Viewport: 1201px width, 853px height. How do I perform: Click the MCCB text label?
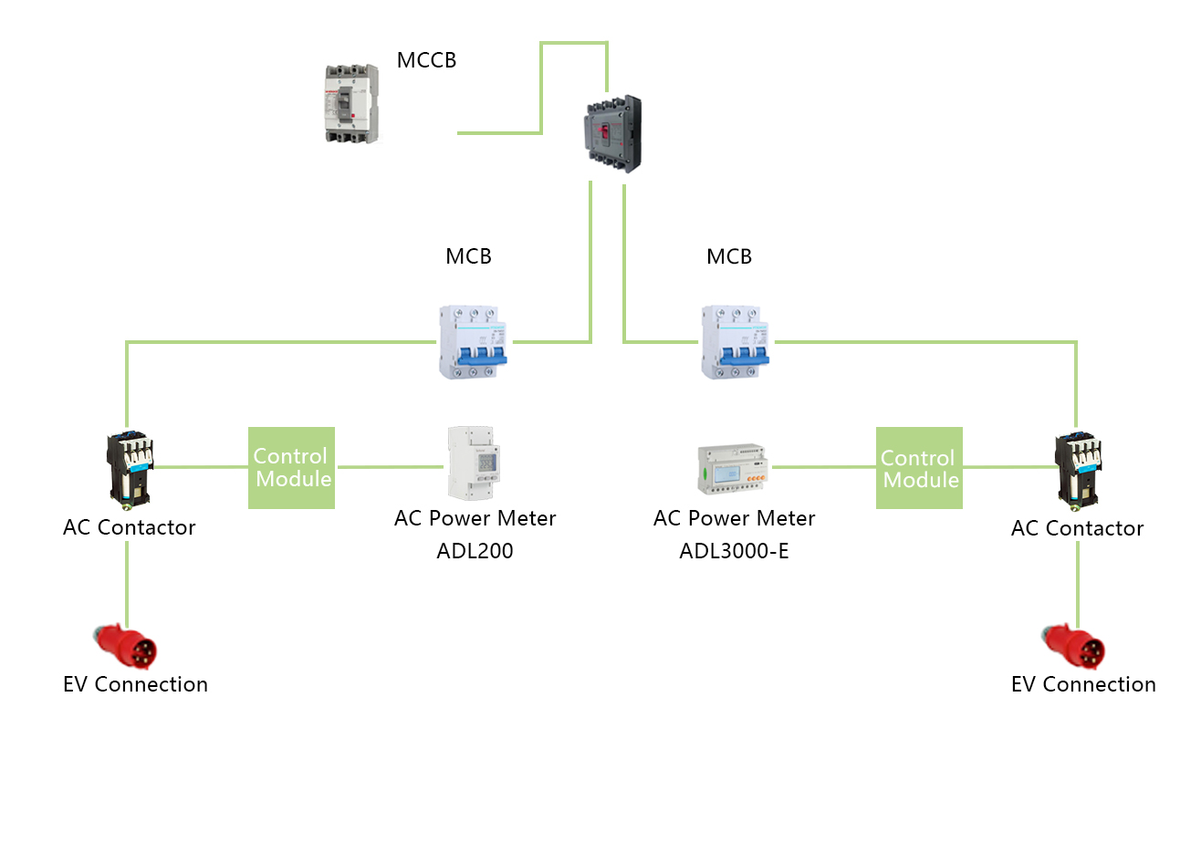[426, 60]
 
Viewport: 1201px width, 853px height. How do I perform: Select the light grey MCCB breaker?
[351, 103]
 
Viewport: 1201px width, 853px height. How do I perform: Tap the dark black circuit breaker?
[613, 134]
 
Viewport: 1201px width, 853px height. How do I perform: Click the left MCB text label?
[468, 256]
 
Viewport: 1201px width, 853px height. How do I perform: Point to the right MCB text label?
[728, 256]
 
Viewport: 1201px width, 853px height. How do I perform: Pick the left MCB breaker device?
[473, 342]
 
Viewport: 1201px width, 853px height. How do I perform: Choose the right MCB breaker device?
[735, 342]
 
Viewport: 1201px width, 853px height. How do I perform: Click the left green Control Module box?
[292, 467]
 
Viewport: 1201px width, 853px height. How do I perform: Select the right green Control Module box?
[919, 467]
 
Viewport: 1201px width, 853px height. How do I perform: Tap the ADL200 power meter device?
[474, 463]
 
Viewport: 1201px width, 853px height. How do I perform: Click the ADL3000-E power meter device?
[733, 469]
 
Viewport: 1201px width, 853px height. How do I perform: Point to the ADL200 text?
[475, 551]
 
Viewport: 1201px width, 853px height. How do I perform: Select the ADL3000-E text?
[734, 551]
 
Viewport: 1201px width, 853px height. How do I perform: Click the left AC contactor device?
[130, 470]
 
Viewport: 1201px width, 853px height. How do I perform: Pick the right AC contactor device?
[1078, 471]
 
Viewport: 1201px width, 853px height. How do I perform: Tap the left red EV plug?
[125, 646]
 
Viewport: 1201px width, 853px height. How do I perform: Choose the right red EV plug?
[1073, 646]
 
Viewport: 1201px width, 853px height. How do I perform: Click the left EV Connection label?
[135, 684]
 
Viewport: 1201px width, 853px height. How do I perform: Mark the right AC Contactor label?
[1077, 528]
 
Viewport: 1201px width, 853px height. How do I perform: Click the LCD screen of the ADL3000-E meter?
[727, 473]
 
